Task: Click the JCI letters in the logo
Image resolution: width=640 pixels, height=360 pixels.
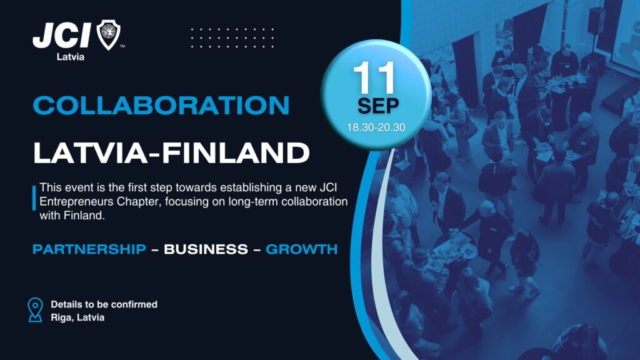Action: tap(61, 35)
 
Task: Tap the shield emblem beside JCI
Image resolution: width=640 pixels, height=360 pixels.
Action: tap(108, 35)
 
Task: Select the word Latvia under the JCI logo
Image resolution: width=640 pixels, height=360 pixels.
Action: tap(70, 57)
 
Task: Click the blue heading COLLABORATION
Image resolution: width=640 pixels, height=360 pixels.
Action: tap(161, 105)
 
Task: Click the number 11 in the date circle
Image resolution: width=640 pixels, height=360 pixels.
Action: tap(374, 77)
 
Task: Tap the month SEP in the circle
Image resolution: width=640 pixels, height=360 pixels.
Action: tap(378, 106)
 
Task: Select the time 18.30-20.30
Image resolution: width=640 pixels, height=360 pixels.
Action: tap(376, 127)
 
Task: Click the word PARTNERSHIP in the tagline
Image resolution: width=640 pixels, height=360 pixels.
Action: tap(89, 249)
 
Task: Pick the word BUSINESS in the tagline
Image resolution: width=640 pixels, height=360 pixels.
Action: tap(206, 249)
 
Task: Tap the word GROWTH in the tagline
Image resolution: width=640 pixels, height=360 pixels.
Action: tap(302, 249)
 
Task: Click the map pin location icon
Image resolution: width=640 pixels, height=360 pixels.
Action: tap(35, 310)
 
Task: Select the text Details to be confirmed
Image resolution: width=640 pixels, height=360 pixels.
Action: tap(104, 304)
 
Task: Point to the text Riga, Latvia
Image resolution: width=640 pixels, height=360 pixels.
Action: tap(77, 317)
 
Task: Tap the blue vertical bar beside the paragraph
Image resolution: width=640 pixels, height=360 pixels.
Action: tap(34, 198)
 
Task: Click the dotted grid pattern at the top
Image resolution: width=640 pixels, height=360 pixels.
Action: tap(232, 38)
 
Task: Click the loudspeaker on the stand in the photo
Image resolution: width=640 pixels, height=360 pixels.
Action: tap(596, 21)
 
